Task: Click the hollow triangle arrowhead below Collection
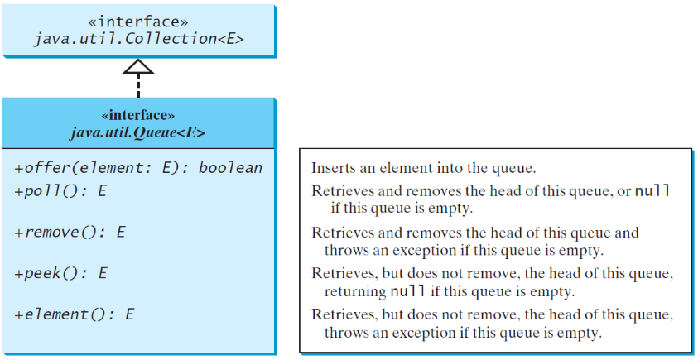[x=138, y=67]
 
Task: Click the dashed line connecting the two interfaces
[x=138, y=86]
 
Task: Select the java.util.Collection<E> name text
[x=138, y=38]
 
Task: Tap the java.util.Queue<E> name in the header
[x=137, y=132]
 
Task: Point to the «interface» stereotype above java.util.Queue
[x=137, y=116]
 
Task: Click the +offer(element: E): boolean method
[x=138, y=168]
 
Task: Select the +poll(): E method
[x=60, y=190]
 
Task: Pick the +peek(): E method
[x=60, y=272]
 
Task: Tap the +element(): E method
[x=74, y=314]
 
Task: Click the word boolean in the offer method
[x=231, y=168]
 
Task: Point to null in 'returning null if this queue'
[x=407, y=291]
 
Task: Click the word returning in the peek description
[x=354, y=291]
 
